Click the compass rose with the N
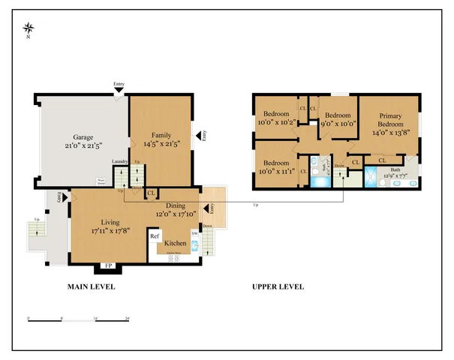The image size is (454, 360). [29, 29]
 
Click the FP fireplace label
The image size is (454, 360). [107, 265]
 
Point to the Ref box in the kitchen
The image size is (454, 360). [155, 237]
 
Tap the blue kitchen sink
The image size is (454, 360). [194, 244]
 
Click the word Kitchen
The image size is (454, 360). [176, 244]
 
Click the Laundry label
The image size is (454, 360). [119, 161]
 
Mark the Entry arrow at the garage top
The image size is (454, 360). [119, 90]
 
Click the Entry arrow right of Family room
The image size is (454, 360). [200, 135]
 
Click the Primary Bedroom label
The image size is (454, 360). [390, 120]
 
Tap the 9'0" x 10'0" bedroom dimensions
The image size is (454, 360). [338, 123]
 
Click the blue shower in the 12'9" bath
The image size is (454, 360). [371, 177]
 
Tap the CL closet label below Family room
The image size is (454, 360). [151, 193]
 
